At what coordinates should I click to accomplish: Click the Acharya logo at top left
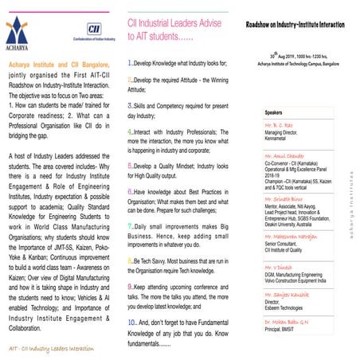click(22, 31)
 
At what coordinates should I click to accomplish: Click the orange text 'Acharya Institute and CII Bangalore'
click(61, 61)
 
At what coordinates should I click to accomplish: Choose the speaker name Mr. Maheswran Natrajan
click(293, 212)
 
